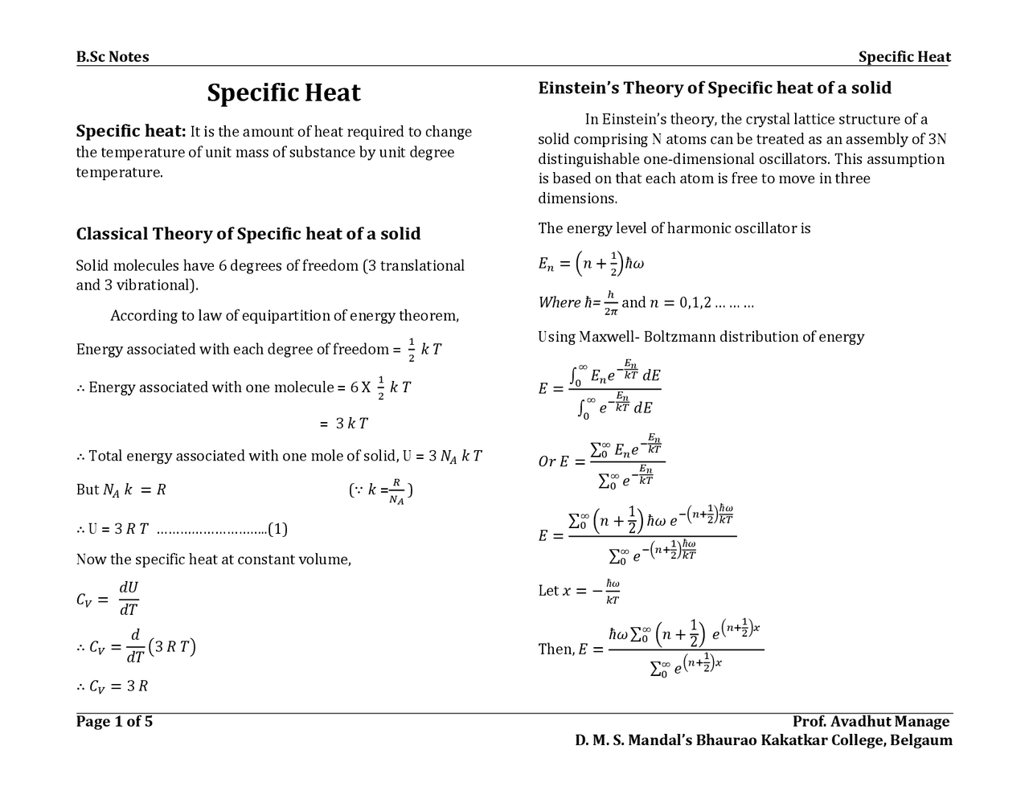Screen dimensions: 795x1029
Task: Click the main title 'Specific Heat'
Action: click(284, 93)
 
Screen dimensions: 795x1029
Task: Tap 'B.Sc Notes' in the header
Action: click(113, 56)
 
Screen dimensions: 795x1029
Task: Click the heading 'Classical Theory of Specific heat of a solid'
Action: click(248, 234)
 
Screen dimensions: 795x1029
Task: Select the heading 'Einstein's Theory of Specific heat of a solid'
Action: click(715, 88)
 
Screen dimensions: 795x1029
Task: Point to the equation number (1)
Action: click(277, 529)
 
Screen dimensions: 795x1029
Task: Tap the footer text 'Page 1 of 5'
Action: click(114, 721)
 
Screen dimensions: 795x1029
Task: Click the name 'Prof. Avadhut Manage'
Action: click(871, 721)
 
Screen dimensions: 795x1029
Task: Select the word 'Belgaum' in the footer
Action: click(922, 740)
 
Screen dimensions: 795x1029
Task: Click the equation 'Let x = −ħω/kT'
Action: click(579, 591)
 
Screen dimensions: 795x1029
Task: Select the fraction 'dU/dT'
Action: click(129, 599)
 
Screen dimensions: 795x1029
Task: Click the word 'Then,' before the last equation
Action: click(555, 650)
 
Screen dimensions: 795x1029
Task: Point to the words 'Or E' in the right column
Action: click(553, 461)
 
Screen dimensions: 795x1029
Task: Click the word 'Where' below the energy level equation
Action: click(559, 303)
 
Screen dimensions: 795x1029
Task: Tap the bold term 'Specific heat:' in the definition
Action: click(131, 132)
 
